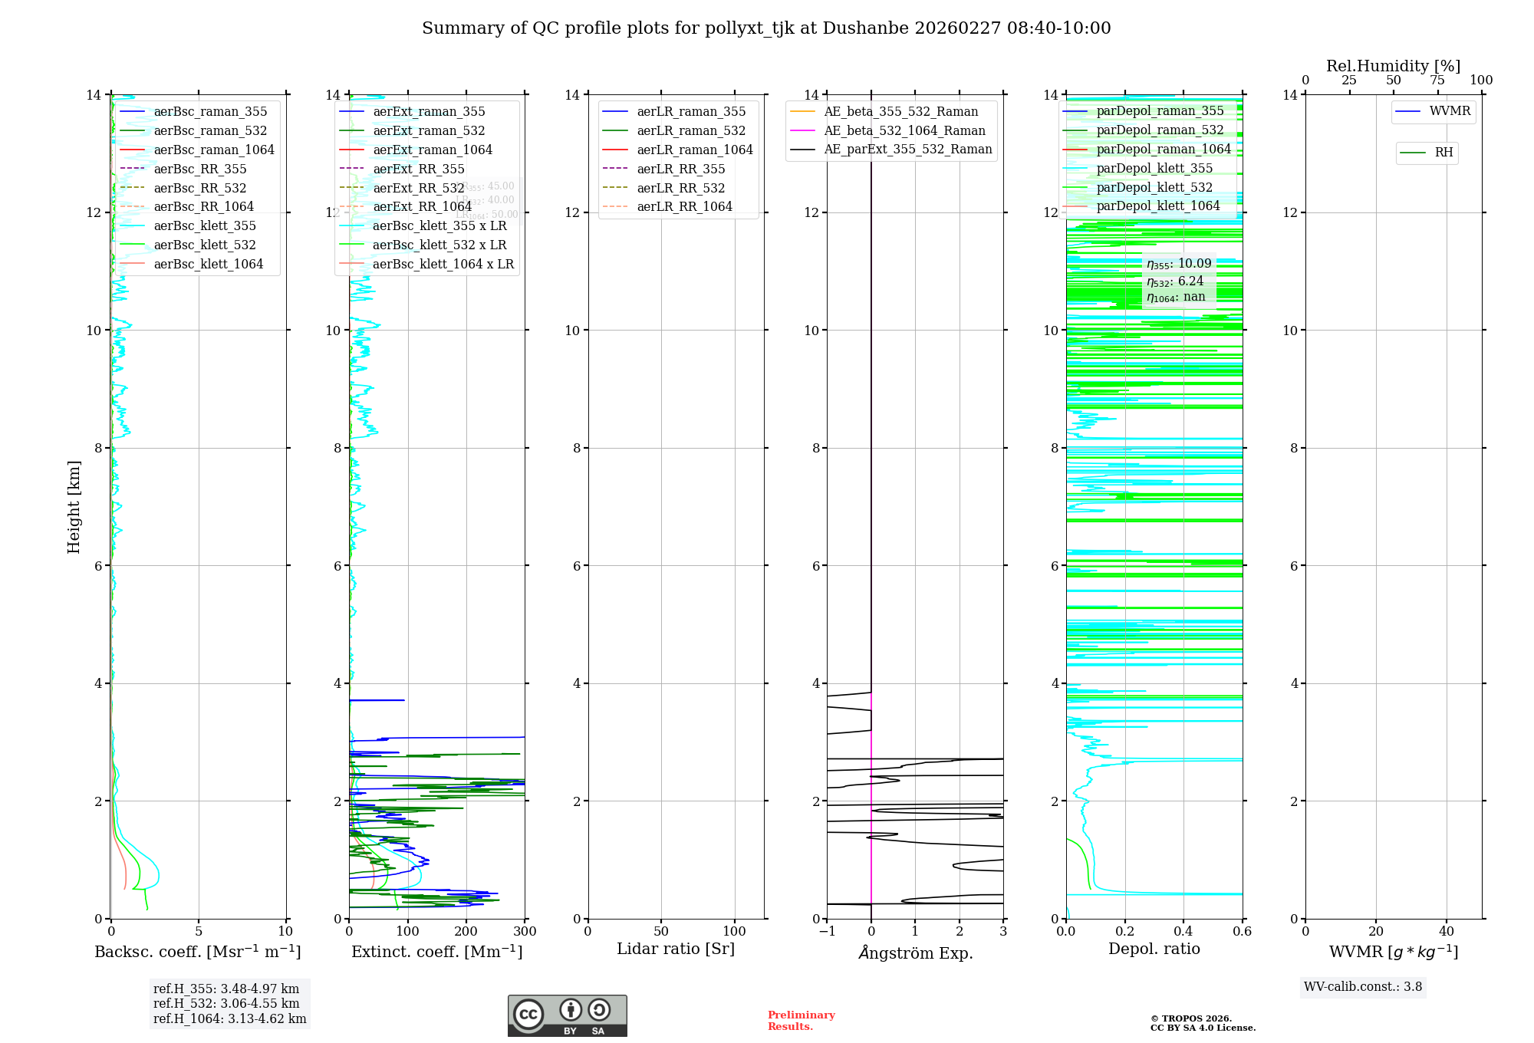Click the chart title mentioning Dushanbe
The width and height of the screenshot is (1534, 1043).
click(766, 28)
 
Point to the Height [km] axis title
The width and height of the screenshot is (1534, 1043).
click(74, 506)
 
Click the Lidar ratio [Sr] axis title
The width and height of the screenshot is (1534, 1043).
click(676, 949)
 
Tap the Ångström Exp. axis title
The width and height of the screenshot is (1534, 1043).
click(915, 953)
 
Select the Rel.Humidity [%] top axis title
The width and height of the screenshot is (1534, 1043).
click(1393, 66)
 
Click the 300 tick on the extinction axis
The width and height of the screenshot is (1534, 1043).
click(525, 932)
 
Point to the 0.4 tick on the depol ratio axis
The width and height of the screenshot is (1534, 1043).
click(1183, 932)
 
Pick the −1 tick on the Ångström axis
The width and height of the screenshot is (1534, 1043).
click(827, 932)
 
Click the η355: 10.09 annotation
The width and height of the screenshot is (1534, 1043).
click(1179, 264)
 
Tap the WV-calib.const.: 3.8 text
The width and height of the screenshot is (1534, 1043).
click(1363, 987)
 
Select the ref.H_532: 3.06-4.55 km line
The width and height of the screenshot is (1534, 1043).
click(226, 1004)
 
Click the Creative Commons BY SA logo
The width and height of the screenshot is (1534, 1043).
click(567, 1015)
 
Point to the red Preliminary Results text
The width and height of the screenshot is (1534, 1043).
click(801, 1021)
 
